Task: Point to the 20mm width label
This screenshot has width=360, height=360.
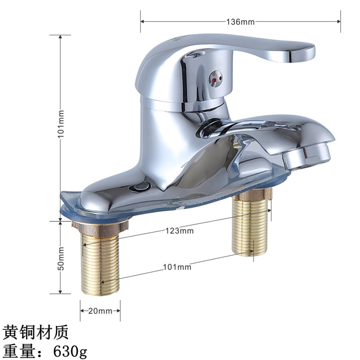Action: tap(100, 311)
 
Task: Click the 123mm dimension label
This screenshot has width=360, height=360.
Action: tap(179, 231)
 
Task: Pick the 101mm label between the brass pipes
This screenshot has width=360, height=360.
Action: tap(177, 267)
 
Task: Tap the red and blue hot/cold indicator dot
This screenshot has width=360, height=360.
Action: tap(214, 81)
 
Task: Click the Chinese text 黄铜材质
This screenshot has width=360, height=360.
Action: tap(35, 332)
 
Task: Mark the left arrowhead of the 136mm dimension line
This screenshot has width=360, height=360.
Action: tap(142, 21)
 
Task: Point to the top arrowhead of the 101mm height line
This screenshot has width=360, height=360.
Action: tap(61, 37)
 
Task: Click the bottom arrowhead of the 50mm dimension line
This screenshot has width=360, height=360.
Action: tap(61, 292)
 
